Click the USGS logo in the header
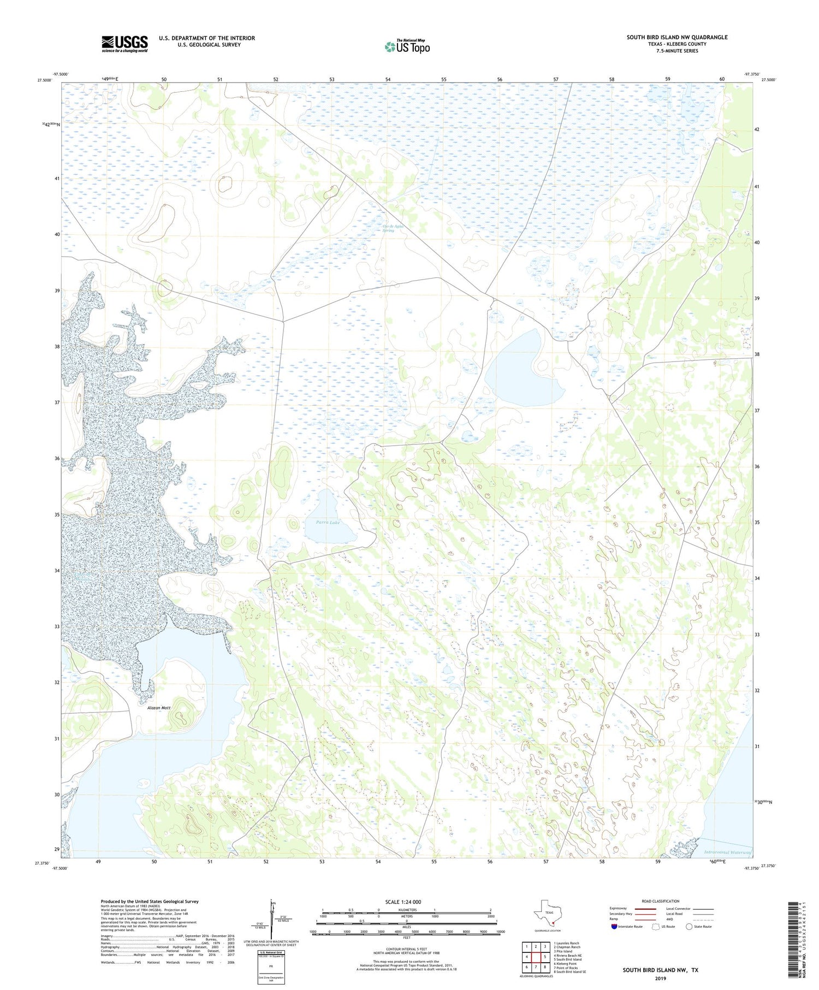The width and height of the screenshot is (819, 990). coord(124,44)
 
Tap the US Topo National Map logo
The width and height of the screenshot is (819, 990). coord(407,46)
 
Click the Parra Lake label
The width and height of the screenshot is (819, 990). coord(328,523)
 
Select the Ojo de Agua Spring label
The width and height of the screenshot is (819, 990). coord(388,228)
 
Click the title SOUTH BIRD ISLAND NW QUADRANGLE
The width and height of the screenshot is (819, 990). coord(677,37)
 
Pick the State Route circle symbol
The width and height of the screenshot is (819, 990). coord(689,927)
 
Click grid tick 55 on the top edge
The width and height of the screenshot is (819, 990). coord(444,79)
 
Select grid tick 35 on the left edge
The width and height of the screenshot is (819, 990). coord(56,514)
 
